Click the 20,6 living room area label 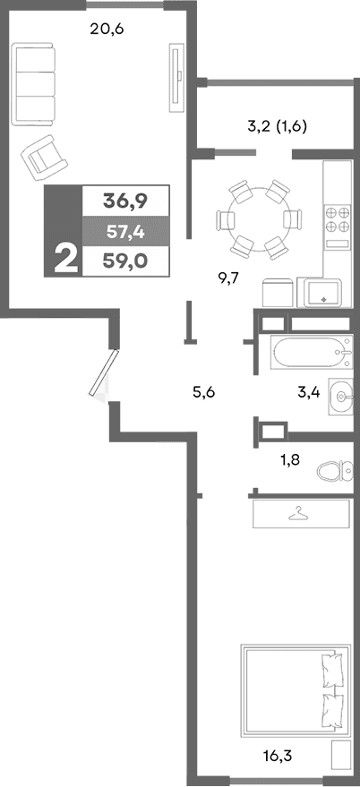(x=107, y=28)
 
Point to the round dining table (x=257, y=218)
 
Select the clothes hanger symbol (x=299, y=513)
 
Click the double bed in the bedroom (x=293, y=685)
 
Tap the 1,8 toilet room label (x=290, y=461)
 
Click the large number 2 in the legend (x=64, y=259)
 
